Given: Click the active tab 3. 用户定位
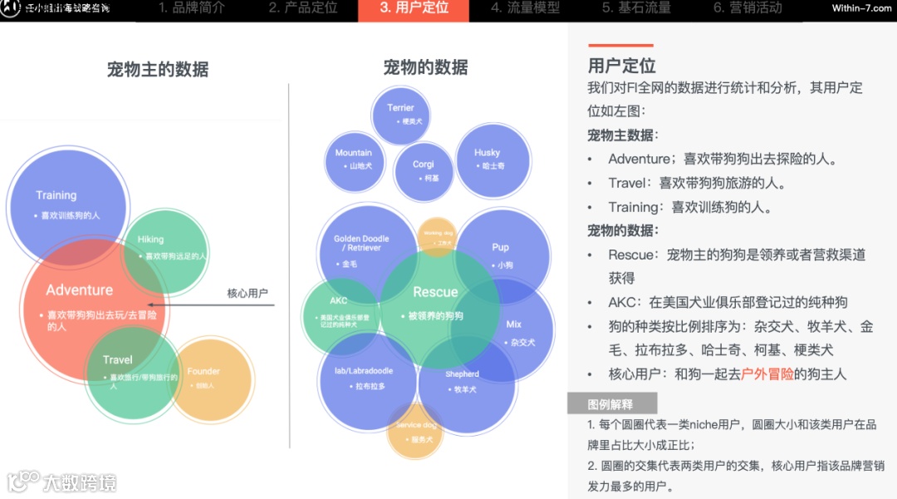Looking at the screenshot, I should point(414,8).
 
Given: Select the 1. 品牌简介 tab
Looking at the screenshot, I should point(191,8).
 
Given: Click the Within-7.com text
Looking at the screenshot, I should point(861,8).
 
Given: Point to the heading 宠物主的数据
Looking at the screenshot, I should point(158,69).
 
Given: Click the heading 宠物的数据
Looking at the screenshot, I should point(425,67).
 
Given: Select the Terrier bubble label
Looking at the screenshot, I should point(400,108).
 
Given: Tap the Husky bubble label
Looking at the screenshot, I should point(487,153).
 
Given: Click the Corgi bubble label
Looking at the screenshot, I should point(424,165).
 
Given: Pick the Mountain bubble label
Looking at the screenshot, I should point(354,153).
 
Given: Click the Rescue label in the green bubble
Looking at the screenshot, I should point(435,292).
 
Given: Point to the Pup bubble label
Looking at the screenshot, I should point(500,248).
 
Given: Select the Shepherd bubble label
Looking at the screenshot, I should point(462,374).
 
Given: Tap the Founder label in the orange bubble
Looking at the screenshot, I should point(203,372).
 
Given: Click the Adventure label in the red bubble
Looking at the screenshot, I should point(80,290).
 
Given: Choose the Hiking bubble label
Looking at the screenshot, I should point(150,240).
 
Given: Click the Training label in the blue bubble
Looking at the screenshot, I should point(56,195).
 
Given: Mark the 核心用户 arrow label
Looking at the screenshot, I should point(248,294).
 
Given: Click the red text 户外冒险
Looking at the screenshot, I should point(767,374).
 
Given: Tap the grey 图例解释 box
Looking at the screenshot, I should point(611,404).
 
